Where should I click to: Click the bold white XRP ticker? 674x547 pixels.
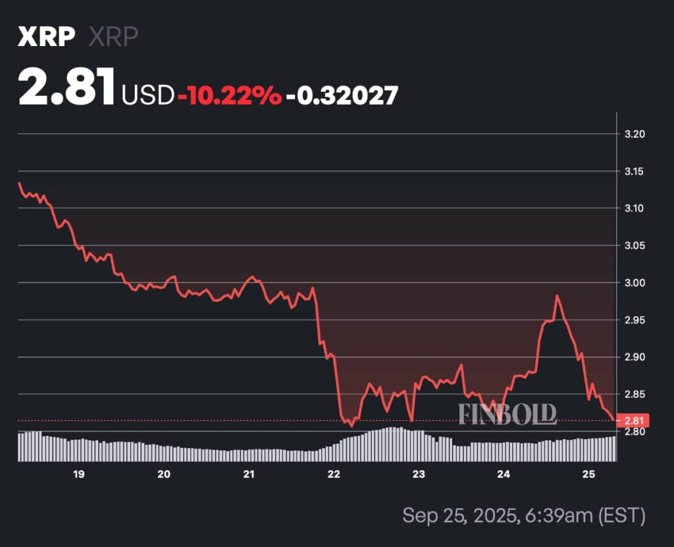[x=46, y=37]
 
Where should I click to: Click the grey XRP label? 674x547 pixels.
[x=113, y=37]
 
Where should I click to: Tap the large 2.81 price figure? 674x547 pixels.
[x=67, y=88]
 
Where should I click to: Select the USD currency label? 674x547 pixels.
[x=147, y=95]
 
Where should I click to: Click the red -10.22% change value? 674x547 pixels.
[x=229, y=95]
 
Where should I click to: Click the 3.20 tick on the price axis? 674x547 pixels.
[x=635, y=134]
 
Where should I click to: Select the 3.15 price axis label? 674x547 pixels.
[x=635, y=171]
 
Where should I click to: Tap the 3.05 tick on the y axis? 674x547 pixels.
[x=635, y=246]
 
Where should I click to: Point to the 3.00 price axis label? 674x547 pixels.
[x=635, y=282]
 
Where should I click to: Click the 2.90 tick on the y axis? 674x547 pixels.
[x=635, y=357]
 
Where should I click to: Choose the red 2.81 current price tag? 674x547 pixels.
[x=634, y=420]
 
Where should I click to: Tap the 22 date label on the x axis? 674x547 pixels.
[x=334, y=474]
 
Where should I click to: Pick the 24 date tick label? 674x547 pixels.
[x=504, y=474]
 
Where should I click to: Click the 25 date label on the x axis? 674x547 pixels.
[x=589, y=474]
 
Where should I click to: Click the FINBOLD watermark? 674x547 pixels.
[x=507, y=414]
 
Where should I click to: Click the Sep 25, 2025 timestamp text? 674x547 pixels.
[x=523, y=515]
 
